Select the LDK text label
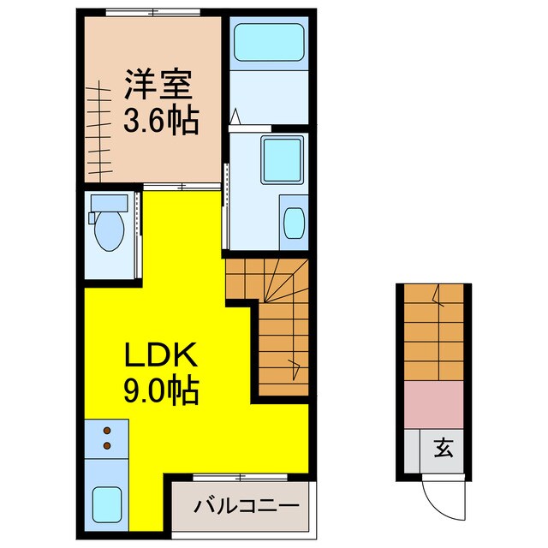coord(163,354)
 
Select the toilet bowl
coord(109,232)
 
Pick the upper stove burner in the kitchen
coord(107,432)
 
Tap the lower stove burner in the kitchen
coord(107,445)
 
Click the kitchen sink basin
coord(107,503)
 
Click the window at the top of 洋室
coord(142,11)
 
